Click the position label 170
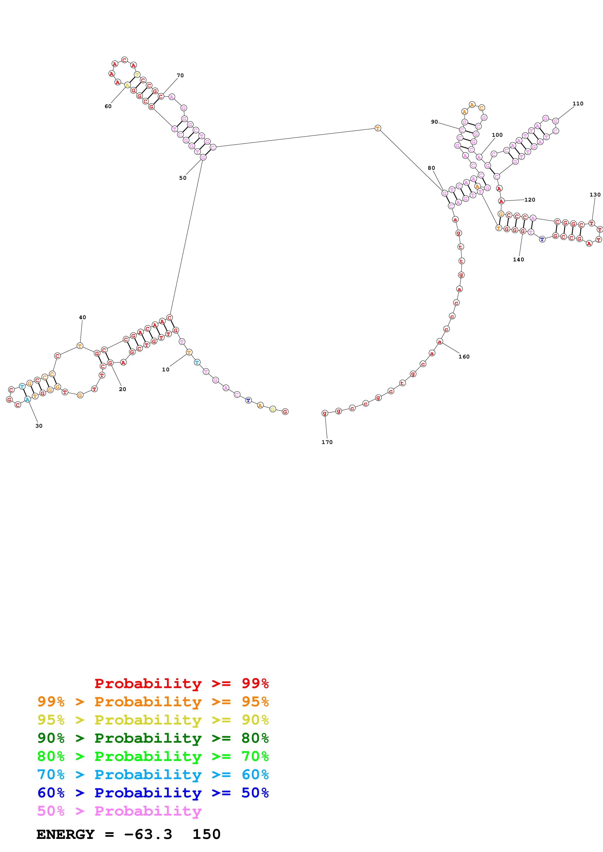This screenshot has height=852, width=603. tap(327, 442)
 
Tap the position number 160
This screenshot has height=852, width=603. tap(464, 357)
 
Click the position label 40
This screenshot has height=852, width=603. tap(82, 317)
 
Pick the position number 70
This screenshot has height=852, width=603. tap(180, 75)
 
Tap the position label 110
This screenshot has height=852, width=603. tap(578, 103)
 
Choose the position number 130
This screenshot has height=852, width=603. tap(595, 195)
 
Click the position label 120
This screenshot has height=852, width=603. tap(530, 200)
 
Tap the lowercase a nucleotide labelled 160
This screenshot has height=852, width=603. tap(440, 341)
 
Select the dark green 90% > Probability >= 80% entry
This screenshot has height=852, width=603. tap(153, 738)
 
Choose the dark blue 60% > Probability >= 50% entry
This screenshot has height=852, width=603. tap(153, 793)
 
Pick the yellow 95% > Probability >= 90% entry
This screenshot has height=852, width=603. tap(153, 720)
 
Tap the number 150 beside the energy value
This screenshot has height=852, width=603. tap(206, 834)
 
